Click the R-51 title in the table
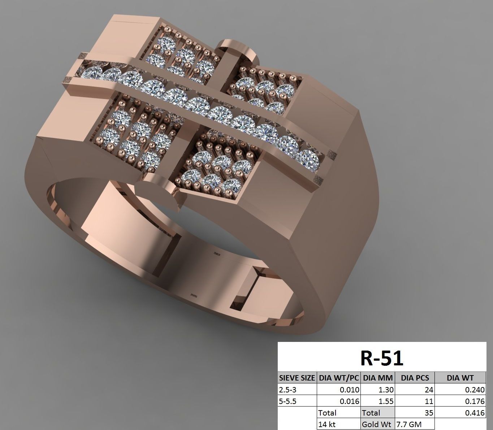pyautogui.click(x=382, y=358)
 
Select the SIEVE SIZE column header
pyautogui.click(x=297, y=378)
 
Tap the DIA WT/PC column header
pyautogui.click(x=338, y=378)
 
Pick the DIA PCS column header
pyautogui.click(x=415, y=378)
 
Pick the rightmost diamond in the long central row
pyautogui.click(x=310, y=159)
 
